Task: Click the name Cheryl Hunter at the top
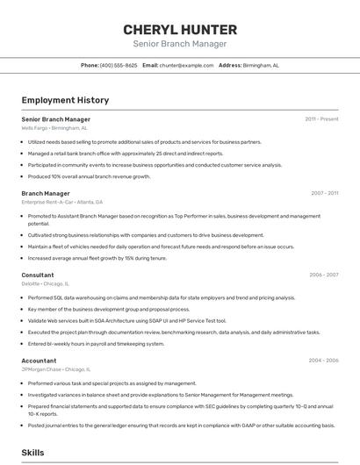point(179,29)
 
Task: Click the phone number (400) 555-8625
point(119,65)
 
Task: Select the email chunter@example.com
point(187,65)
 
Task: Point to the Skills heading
point(33,452)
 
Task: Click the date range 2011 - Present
point(321,118)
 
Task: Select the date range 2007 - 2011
point(324,193)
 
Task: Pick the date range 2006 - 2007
point(324,275)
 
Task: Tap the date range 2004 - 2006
point(324,361)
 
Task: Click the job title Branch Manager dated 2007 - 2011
point(46,193)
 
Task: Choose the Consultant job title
point(38,275)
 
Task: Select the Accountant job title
point(39,361)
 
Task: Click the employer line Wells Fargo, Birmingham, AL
point(54,128)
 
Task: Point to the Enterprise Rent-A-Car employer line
point(62,202)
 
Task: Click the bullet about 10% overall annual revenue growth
point(89,176)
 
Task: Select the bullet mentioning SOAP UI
point(126,320)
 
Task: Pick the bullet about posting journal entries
point(181,426)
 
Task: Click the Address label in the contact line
point(230,65)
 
